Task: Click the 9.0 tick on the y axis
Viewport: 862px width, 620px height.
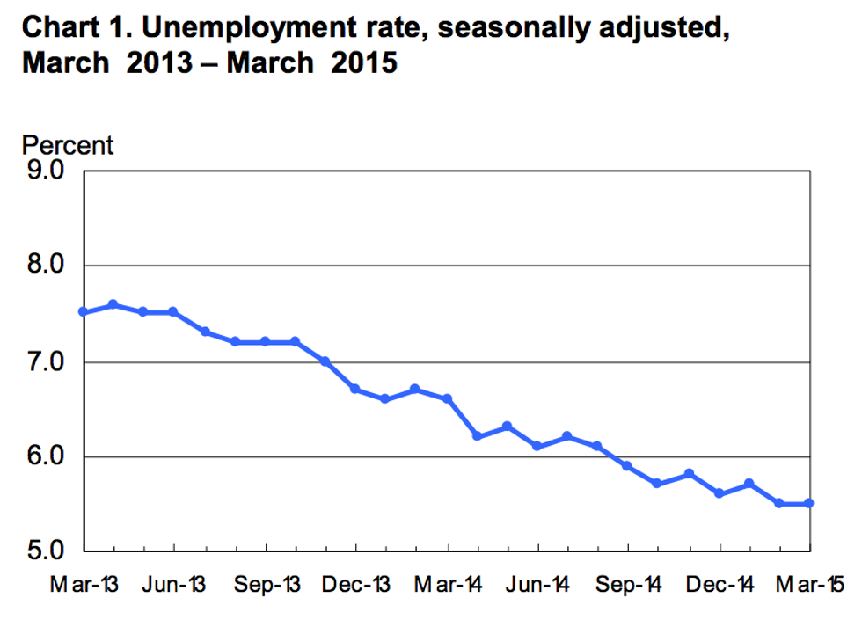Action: [x=46, y=170]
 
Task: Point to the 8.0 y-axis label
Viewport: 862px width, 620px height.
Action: [x=46, y=266]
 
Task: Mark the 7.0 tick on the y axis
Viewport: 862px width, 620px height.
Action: [x=46, y=361]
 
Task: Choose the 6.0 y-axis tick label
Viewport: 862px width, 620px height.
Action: [x=46, y=456]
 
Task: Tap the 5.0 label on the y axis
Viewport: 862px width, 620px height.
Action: [x=46, y=551]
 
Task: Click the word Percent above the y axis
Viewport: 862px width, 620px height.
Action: [x=67, y=145]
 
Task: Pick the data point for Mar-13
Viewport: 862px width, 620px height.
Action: [x=83, y=312]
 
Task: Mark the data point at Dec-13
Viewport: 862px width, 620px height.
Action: [x=355, y=389]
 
